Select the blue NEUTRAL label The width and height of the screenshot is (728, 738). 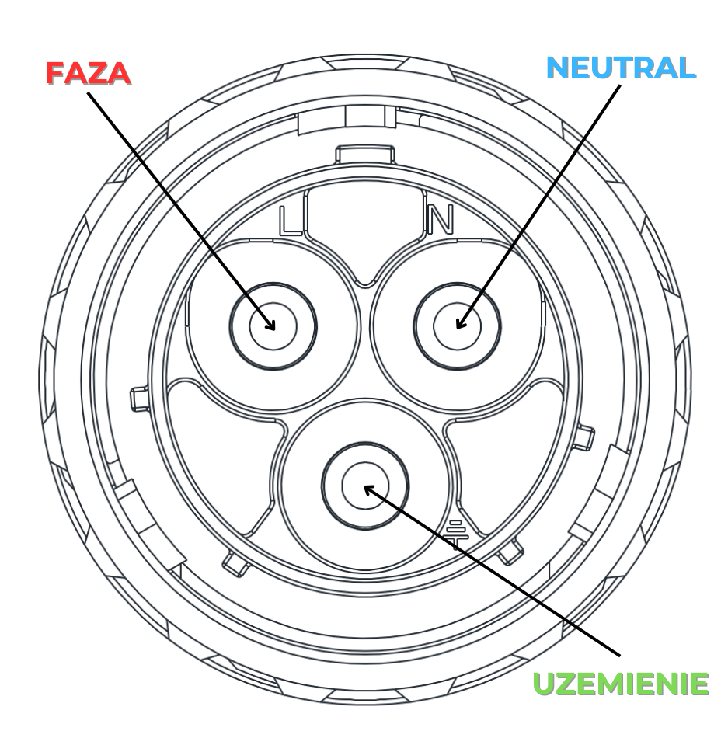(x=621, y=68)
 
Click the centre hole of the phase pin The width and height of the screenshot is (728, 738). (x=273, y=325)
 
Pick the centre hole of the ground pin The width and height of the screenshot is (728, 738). (x=364, y=486)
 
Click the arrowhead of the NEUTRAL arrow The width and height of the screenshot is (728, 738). (x=459, y=323)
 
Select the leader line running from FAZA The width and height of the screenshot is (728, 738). (x=179, y=206)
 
